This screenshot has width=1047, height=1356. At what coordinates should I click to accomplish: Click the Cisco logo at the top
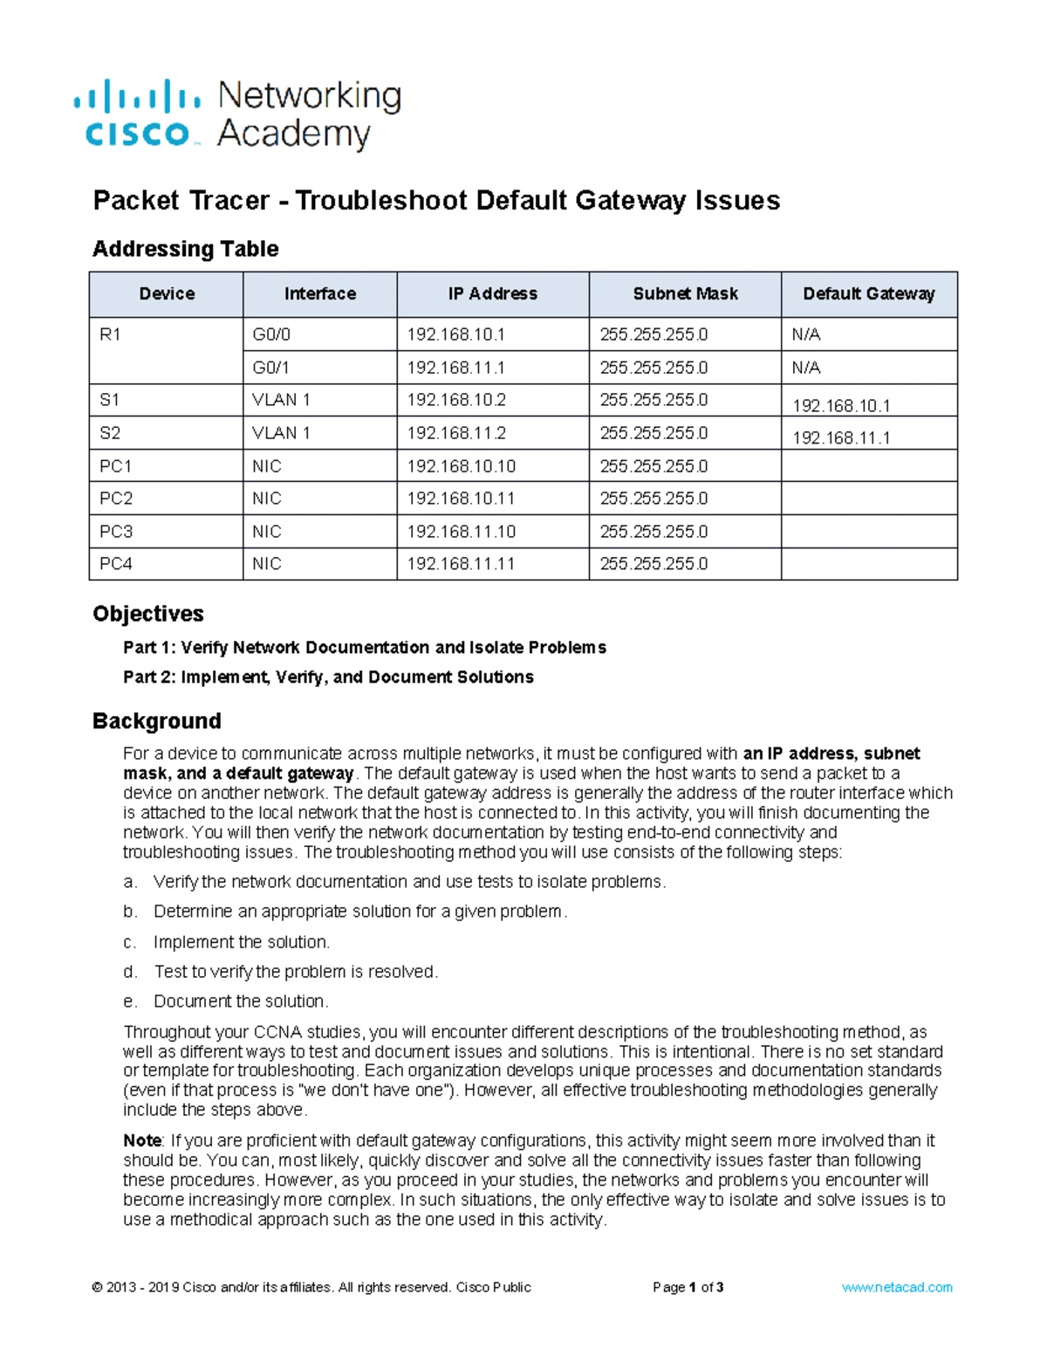point(138,114)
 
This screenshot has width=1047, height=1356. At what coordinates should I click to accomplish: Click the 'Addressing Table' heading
point(185,249)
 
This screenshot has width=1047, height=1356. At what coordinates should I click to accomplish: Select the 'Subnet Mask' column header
point(685,294)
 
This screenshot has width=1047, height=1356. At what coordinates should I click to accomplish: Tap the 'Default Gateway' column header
point(868,294)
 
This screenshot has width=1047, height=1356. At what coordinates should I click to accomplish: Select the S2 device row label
point(110,433)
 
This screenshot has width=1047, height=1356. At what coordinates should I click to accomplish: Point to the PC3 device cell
point(116,531)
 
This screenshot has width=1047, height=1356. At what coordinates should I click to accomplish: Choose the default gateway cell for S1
point(841,405)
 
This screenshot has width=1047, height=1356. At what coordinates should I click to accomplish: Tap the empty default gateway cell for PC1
point(868,466)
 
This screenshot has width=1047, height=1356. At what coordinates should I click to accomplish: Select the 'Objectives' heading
point(147,614)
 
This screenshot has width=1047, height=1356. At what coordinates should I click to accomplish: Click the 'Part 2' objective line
point(328,677)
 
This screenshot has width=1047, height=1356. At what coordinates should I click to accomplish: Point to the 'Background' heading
point(156,720)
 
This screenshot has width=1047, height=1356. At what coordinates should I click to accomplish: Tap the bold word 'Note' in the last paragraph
point(142,1140)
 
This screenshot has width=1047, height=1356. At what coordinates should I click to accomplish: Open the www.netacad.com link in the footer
point(896,1287)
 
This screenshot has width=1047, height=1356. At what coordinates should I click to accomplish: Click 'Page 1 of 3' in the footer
point(688,1287)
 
